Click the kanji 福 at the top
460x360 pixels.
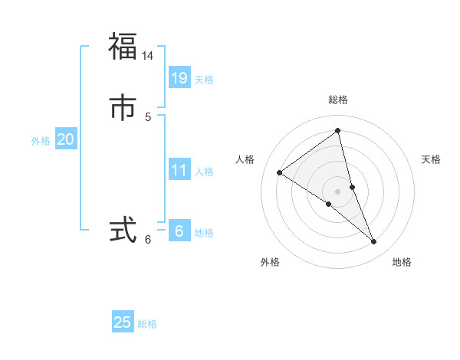pos(123,46)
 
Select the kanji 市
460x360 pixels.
pos(123,108)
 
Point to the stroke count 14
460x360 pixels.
pos(148,56)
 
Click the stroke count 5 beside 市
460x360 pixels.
pos(148,117)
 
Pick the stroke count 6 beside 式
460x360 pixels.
pos(148,240)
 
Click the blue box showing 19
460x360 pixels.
pos(179,77)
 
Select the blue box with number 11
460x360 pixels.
pos(179,170)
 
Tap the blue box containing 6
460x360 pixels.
pos(179,231)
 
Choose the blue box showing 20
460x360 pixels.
pos(65,139)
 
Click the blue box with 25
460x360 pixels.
pos(123,322)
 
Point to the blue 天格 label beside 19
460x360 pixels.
pos(204,80)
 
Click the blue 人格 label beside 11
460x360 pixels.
pos(204,172)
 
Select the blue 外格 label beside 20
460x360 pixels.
pos(41,141)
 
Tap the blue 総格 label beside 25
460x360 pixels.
pos(147,324)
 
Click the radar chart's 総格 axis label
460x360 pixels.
pos(338,100)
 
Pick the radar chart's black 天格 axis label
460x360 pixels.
pos(431,159)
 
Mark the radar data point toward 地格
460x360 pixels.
pos(374,242)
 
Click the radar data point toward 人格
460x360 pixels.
pos(279,172)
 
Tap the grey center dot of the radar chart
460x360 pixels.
pos(337,191)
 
